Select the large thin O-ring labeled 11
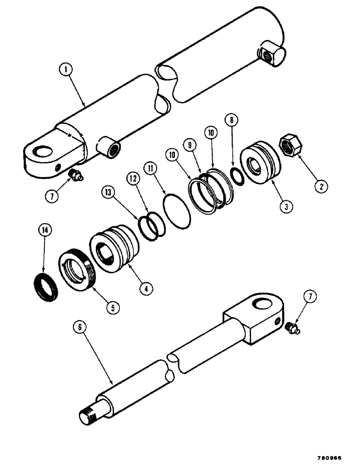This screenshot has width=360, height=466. click(x=177, y=212)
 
